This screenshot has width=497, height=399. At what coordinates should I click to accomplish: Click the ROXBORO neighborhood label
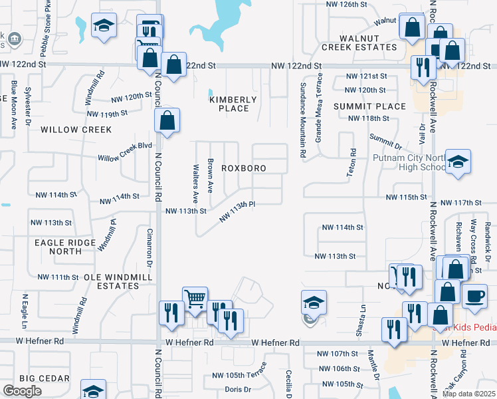click(x=243, y=169)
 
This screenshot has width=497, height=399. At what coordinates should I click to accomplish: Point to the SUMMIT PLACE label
click(x=370, y=106)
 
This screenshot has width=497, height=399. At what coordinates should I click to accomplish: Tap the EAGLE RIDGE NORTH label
click(x=63, y=247)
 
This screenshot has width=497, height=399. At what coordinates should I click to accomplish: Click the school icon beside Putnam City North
click(x=458, y=162)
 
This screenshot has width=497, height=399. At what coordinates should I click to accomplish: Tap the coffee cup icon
click(x=474, y=297)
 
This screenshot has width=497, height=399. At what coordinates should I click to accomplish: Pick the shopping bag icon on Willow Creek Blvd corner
click(x=167, y=121)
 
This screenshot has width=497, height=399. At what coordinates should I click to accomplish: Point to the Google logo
click(x=22, y=391)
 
